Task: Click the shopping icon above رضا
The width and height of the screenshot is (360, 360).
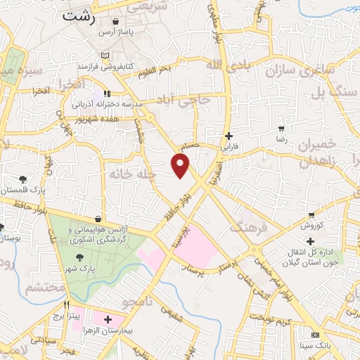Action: tap(282, 129)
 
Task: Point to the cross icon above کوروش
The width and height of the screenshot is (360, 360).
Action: tap(311, 214)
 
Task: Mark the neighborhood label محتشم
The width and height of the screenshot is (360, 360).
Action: tap(44, 288)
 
